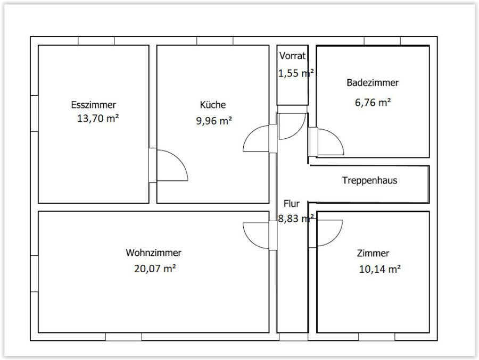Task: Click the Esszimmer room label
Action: click(94, 105)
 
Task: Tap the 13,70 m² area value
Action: click(98, 118)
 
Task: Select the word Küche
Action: click(213, 104)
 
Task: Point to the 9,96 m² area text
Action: click(214, 121)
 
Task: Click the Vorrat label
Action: click(292, 56)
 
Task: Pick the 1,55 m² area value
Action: click(296, 73)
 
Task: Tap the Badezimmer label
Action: click(373, 82)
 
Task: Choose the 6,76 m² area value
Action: click(373, 102)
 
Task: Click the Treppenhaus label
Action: click(370, 180)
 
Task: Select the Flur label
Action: click(292, 203)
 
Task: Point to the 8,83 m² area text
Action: click(296, 219)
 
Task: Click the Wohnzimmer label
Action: click(153, 253)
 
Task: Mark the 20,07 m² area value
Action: click(155, 269)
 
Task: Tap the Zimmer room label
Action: click(373, 253)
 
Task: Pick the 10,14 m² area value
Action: click(379, 269)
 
